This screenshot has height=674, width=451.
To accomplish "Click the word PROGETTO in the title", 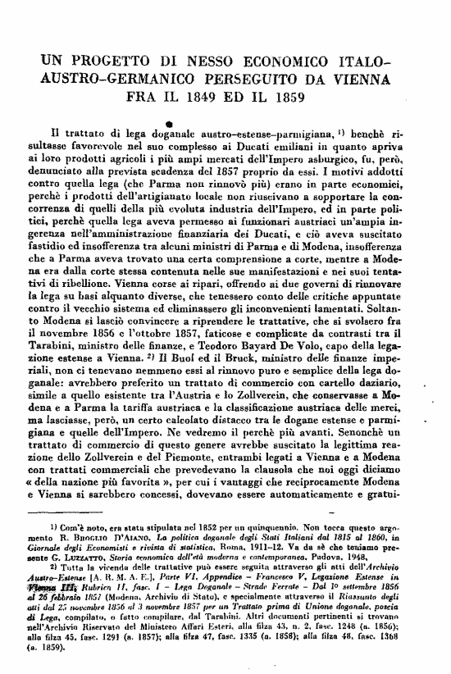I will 115,61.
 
